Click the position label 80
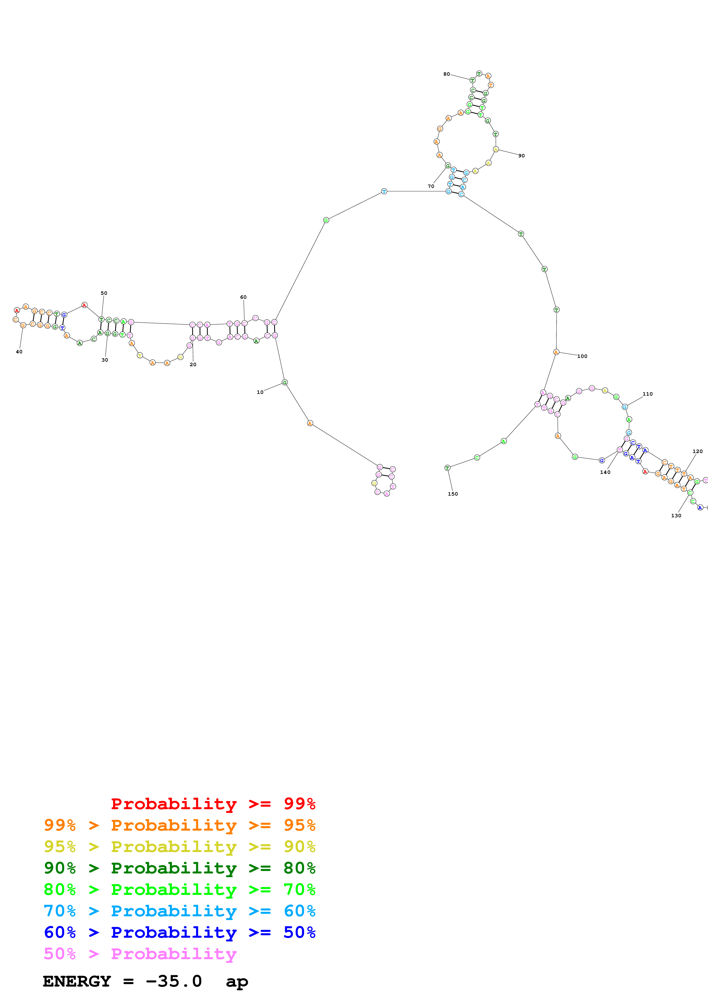[446, 74]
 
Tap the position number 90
[521, 156]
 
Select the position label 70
[431, 186]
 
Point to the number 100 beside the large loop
[582, 356]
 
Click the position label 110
[647, 394]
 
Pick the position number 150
[453, 494]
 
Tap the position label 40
[19, 352]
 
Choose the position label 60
[243, 297]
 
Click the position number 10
[260, 392]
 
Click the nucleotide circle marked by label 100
[556, 352]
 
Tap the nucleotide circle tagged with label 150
[447, 468]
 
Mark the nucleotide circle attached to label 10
[285, 383]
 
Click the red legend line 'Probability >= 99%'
[213, 803]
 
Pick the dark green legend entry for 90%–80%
[179, 868]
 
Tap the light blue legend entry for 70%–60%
[179, 911]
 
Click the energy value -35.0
[174, 981]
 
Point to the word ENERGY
[77, 981]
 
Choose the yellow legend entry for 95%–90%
[179, 847]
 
